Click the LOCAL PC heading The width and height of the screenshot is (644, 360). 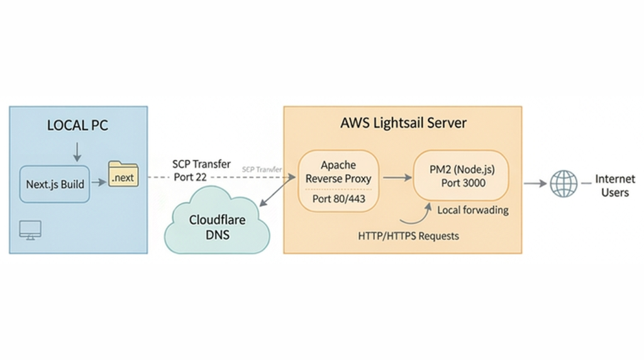[77, 125]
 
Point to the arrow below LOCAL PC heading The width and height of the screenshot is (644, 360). [77, 150]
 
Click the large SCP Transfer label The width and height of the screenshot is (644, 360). [201, 164]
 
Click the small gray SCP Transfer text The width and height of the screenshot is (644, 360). [262, 170]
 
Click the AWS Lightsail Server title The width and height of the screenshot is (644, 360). [403, 123]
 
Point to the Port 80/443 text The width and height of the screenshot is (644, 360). [338, 199]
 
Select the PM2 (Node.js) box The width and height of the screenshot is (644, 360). [460, 175]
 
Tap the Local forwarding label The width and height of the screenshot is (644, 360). [472, 210]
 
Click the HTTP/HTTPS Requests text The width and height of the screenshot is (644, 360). [408, 236]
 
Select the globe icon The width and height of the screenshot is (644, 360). [563, 184]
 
